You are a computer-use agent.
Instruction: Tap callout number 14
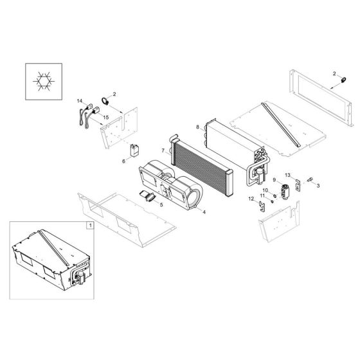pos(80,102)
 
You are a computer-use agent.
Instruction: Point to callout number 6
pos(125,161)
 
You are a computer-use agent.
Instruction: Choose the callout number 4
pos(204,212)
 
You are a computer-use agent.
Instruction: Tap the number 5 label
pos(161,204)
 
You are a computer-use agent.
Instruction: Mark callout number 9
pos(274,179)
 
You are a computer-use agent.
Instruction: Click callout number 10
pos(264,191)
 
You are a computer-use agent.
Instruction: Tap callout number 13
pos(289,175)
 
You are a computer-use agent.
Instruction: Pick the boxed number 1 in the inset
pos(91,226)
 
